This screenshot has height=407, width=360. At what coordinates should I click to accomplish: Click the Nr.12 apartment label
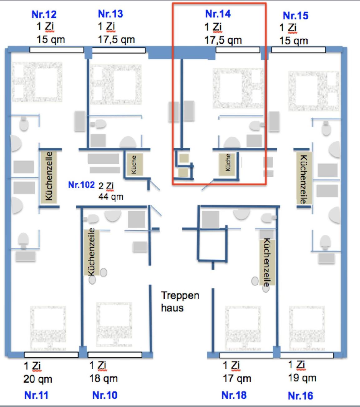coord(44,14)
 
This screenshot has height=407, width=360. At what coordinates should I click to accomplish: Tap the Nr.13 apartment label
coord(110,14)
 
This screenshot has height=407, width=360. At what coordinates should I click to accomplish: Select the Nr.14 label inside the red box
coord(218,14)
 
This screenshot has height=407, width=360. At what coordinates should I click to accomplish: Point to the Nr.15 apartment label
coord(295,16)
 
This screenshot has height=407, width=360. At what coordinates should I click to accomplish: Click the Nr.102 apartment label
coord(81,185)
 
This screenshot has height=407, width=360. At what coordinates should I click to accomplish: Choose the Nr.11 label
coord(36,395)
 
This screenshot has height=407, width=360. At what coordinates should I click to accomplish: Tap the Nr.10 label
coord(105,395)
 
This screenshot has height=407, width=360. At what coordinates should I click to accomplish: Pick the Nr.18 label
coord(234,395)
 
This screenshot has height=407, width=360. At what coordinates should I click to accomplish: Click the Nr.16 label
coord(300,396)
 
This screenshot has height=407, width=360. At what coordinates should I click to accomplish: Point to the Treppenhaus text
coord(180,302)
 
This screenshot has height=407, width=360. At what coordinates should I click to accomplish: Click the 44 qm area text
coord(111,197)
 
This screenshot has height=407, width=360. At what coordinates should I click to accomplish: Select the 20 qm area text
coord(38,379)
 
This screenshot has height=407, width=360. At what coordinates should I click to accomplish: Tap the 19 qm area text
coord(302,378)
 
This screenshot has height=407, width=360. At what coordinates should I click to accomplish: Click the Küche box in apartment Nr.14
coord(228,163)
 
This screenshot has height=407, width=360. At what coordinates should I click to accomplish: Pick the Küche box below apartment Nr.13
coord(134,164)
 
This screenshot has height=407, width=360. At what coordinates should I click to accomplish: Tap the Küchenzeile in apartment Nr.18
coord(267,262)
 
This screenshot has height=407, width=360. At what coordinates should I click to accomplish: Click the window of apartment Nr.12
coord(56,50)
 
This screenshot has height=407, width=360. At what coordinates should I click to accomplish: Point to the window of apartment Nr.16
coord(306,355)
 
